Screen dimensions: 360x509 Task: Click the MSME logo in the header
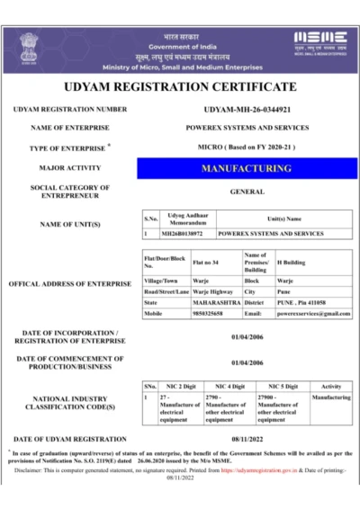click(x=319, y=40)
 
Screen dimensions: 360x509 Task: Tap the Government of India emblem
click(x=29, y=45)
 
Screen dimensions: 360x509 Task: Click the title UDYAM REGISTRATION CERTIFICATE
click(x=180, y=87)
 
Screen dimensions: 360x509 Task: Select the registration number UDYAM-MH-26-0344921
click(x=247, y=110)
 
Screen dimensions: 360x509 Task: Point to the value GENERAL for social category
click(x=247, y=192)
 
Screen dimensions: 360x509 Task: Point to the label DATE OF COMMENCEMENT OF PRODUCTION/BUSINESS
click(x=69, y=363)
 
